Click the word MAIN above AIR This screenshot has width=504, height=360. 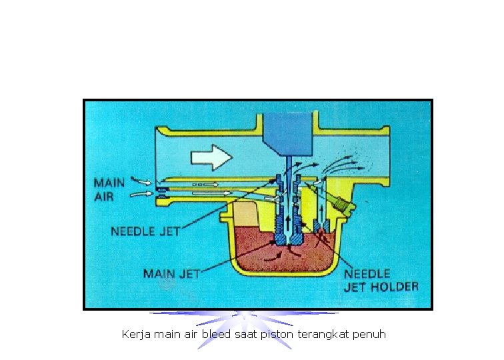click(109, 182)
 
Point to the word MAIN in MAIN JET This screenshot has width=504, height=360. click(159, 273)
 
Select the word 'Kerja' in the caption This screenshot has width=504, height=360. click(136, 333)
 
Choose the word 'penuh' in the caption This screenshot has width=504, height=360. click(369, 333)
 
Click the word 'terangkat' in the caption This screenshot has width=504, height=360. click(322, 333)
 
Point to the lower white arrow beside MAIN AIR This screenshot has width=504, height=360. click(142, 194)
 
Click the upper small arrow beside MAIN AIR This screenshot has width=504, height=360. click(142, 181)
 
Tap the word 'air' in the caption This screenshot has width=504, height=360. click(191, 333)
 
